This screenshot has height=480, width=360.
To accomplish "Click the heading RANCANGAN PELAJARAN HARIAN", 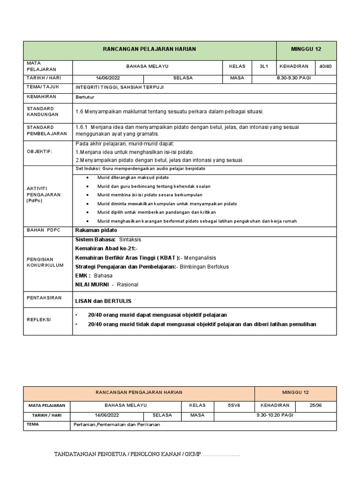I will click(x=150, y=49).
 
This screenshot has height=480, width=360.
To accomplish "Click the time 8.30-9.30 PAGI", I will click(x=294, y=78).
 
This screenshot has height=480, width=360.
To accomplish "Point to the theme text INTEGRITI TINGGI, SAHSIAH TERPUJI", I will click(x=120, y=88).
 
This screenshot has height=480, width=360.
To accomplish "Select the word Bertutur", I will click(x=85, y=97).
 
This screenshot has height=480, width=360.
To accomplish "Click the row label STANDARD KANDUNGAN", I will click(x=43, y=111).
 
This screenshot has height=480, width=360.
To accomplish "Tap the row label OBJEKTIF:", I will click(x=39, y=151).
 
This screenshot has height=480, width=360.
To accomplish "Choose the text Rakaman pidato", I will click(x=96, y=230).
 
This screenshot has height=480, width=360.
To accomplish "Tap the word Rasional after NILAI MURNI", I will click(x=128, y=284).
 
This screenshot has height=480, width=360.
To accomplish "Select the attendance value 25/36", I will click(x=318, y=405).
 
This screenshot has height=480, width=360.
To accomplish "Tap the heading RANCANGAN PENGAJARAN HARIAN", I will click(x=139, y=392).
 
